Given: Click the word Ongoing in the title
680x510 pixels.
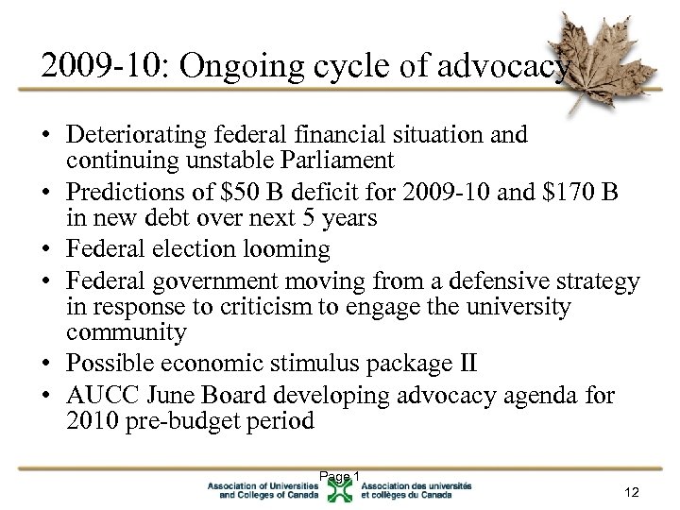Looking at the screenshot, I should pyautogui.click(x=217, y=67).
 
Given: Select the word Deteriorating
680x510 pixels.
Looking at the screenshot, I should pyautogui.click(x=143, y=135).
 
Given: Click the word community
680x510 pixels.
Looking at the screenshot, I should pyautogui.click(x=127, y=332).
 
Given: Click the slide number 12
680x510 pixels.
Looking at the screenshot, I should pyautogui.click(x=632, y=491).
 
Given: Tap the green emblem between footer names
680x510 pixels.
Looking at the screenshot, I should pyautogui.click(x=341, y=489).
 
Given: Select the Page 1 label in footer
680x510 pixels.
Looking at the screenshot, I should pyautogui.click(x=340, y=476).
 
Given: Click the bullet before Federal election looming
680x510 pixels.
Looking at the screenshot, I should pyautogui.click(x=45, y=250).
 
